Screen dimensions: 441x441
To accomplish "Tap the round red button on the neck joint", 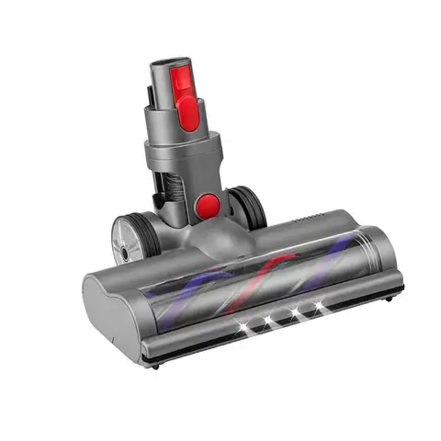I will [x=208, y=204].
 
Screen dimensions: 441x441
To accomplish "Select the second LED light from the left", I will [x=269, y=321].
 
